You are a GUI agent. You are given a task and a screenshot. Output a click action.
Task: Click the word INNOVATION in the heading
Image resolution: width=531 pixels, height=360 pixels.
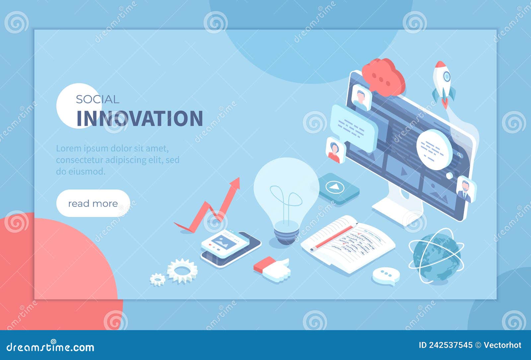tap(140, 119)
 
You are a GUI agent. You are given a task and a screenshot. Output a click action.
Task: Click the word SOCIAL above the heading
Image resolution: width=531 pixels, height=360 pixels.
tap(97, 99)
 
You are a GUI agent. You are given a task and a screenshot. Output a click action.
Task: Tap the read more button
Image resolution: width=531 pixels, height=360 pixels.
tap(93, 203)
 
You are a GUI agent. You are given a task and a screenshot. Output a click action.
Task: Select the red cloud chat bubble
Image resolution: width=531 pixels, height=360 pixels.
tap(383, 77)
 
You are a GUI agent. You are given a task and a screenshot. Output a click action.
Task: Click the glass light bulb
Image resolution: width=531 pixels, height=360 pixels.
tap(286, 196)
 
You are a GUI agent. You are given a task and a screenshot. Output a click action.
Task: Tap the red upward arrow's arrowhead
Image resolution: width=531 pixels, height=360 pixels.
tap(235, 183)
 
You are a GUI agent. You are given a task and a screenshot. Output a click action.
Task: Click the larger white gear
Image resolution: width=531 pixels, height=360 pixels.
tap(182, 271)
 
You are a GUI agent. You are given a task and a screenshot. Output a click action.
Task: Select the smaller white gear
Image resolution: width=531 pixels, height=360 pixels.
tap(157, 279)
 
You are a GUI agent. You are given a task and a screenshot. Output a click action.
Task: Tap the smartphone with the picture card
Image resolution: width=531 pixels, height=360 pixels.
tap(230, 247)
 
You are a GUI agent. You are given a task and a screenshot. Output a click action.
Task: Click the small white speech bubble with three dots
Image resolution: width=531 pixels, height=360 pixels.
tap(386, 275)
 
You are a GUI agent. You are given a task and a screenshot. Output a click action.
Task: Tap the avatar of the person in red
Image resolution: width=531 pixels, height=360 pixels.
tap(335, 150)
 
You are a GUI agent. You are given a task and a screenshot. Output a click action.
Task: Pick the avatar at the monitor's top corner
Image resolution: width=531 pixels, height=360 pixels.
tap(359, 97)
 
